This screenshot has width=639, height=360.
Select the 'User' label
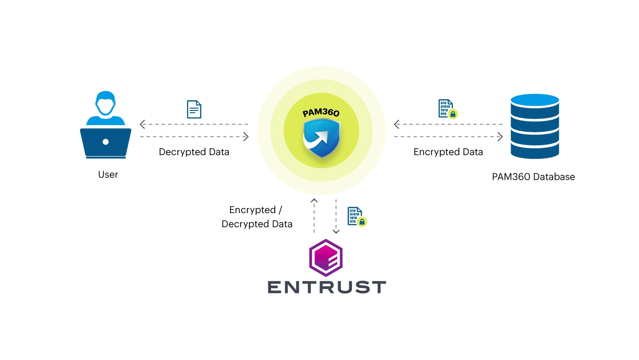tap(108, 174)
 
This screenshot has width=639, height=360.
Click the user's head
tap(105, 104)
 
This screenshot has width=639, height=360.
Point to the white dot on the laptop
tap(105, 142)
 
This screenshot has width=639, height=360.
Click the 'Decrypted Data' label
tap(194, 152)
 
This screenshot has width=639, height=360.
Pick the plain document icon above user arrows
tap(194, 110)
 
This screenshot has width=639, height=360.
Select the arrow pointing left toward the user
tap(143, 124)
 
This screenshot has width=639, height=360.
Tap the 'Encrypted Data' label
tap(448, 152)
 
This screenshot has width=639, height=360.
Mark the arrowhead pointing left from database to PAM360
tap(397, 124)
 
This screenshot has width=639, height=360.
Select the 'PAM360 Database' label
tap(533, 177)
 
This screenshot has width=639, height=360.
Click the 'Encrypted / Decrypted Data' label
tap(257, 217)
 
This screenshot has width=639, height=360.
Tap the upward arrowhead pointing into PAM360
tap(314, 201)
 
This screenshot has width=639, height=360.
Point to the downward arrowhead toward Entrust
tap(336, 231)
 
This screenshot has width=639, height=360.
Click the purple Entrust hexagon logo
tap(326, 258)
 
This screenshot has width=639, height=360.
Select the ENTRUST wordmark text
tap(327, 287)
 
